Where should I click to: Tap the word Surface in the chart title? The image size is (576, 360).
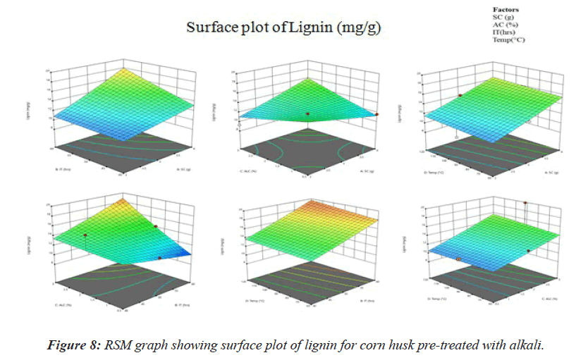[x=209, y=27]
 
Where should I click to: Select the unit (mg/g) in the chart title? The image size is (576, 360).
[x=361, y=27]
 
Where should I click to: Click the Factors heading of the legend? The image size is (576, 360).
[x=505, y=9]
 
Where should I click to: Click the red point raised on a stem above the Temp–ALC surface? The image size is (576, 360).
[x=525, y=203]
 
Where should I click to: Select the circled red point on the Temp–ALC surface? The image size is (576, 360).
[x=459, y=259]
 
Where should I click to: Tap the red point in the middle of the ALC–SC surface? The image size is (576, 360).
[x=307, y=113]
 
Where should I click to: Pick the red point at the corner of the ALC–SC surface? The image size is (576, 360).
[x=376, y=114]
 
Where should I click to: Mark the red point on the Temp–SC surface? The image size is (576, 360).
[x=460, y=95]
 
